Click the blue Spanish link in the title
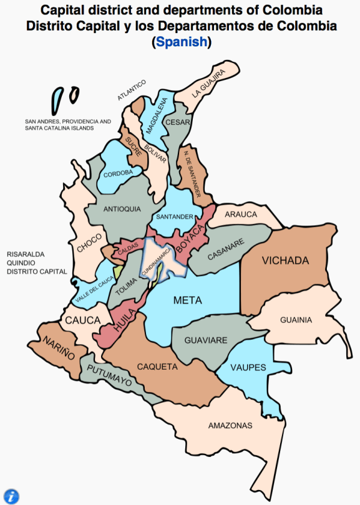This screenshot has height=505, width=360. (181, 42)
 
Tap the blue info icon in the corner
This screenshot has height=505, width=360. (11, 496)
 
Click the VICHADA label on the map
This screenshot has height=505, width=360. (285, 260)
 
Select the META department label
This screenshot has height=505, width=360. (187, 300)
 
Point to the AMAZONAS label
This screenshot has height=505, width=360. (230, 426)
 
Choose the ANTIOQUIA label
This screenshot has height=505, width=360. (122, 209)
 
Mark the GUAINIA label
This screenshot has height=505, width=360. (296, 320)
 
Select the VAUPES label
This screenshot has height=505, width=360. (248, 367)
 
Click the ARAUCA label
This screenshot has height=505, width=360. (241, 214)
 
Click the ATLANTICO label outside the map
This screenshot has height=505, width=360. (132, 90)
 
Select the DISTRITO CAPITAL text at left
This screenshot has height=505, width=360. (37, 272)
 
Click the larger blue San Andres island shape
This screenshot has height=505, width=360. (57, 99)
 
